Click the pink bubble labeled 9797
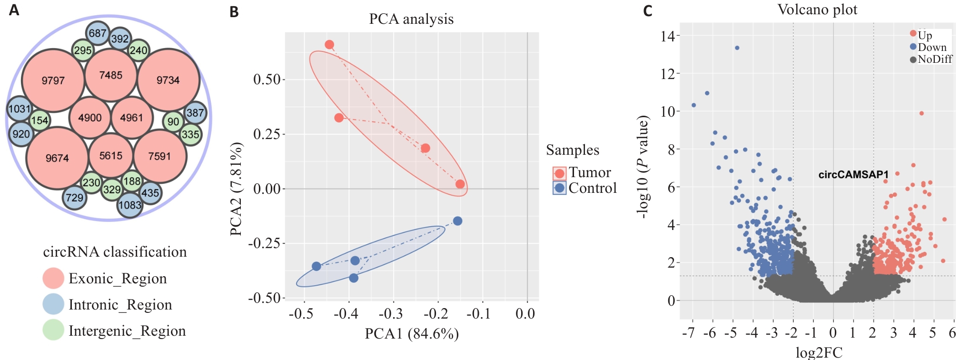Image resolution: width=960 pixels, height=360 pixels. click(53, 80)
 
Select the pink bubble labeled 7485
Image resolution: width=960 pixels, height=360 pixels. click(111, 75)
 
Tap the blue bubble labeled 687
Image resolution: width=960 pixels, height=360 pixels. click(98, 33)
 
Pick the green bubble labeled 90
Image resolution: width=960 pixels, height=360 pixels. click(173, 121)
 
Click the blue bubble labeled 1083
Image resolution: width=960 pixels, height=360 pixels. click(130, 205)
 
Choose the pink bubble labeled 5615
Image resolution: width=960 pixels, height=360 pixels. click(111, 156)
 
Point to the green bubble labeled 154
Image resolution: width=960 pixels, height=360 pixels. click(40, 120)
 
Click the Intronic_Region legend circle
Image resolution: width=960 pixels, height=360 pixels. click(53, 304)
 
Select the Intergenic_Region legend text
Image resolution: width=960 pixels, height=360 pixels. click(127, 330)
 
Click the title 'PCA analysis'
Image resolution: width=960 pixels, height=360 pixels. click(411, 19)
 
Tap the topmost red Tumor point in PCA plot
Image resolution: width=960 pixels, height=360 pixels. click(329, 45)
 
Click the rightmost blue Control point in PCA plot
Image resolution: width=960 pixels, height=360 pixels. click(457, 221)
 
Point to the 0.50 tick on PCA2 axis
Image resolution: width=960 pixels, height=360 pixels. click(267, 79)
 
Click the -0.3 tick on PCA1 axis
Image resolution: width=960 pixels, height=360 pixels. click(391, 314)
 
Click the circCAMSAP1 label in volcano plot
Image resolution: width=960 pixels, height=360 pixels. click(853, 175)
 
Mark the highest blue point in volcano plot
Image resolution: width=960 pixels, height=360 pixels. click(737, 48)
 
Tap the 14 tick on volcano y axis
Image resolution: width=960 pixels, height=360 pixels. click(668, 36)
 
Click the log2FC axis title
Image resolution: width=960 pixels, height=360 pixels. click(819, 352)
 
